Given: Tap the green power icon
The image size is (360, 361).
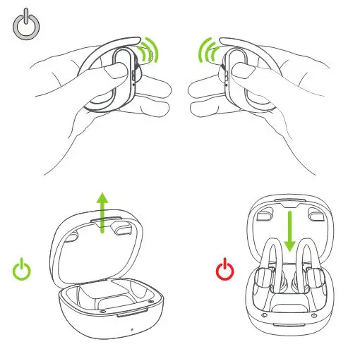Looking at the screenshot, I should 23,269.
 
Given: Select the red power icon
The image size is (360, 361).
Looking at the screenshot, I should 224,269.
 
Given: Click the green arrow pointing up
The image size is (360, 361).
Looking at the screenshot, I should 103,211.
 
